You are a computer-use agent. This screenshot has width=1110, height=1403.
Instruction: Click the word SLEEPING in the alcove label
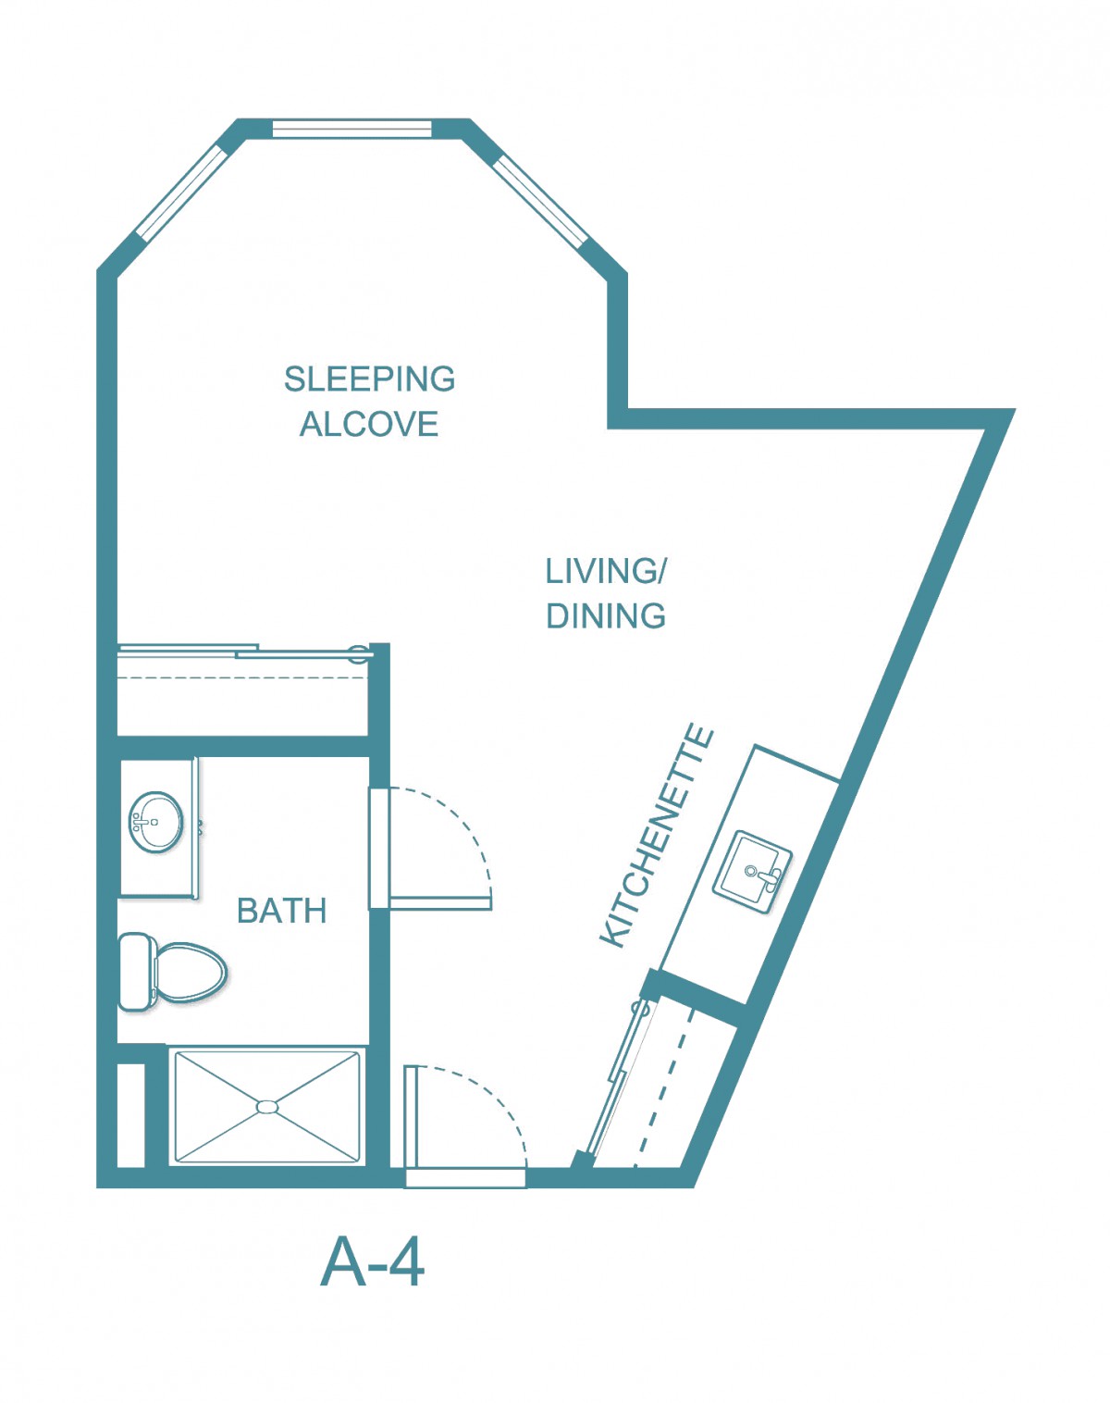coord(369,379)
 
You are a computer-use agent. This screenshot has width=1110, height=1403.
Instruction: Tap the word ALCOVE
coord(369,425)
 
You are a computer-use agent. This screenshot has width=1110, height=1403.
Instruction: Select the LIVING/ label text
coord(606,571)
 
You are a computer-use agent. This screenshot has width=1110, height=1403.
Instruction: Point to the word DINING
coord(606,616)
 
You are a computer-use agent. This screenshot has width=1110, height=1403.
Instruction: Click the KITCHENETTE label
coord(657,836)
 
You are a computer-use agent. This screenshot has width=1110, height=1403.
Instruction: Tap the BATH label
coord(281,911)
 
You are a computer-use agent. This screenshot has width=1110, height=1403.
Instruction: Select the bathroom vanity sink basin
coord(155,822)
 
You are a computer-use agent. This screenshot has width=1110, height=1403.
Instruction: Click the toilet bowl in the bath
coord(191,972)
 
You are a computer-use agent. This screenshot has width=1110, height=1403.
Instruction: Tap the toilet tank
coord(136,972)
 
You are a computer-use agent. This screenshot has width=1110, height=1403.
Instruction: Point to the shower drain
coord(267,1106)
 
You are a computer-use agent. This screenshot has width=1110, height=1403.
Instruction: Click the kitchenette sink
coord(752,871)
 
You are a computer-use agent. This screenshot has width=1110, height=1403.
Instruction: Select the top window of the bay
coord(352,129)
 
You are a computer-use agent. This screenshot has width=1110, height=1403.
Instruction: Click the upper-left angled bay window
coord(179,192)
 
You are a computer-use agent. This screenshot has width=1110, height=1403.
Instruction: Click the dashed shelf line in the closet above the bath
coord(242,678)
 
